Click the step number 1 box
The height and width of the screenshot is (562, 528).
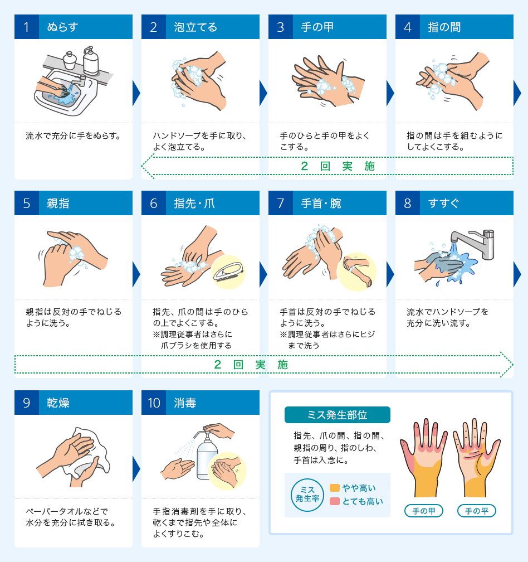pyautogui.click(x=27, y=27)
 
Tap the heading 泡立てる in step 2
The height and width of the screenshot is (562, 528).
pyautogui.click(x=195, y=27)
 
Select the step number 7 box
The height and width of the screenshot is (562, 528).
pyautogui.click(x=281, y=203)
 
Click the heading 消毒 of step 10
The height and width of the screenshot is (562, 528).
pyautogui.click(x=185, y=403)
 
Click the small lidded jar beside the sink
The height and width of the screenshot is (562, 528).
pyautogui.click(x=70, y=61)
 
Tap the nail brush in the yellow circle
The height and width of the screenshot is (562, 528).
pyautogui.click(x=228, y=272)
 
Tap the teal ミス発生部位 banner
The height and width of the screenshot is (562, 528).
pyautogui.click(x=337, y=415)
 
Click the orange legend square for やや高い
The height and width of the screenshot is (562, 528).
pyautogui.click(x=334, y=488)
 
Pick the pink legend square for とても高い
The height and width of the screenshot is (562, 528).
pyautogui.click(x=334, y=501)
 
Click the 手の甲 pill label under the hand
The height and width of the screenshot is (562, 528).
pyautogui.click(x=424, y=511)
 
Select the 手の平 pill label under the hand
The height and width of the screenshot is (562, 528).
pyautogui.click(x=477, y=511)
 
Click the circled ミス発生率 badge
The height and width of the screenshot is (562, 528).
pyautogui.click(x=307, y=495)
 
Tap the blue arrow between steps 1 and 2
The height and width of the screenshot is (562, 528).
pyautogui.click(x=136, y=93)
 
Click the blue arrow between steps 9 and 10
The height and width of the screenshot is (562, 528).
pyautogui.click(x=136, y=469)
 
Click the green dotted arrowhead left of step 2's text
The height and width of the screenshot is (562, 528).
pyautogui.click(x=148, y=166)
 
